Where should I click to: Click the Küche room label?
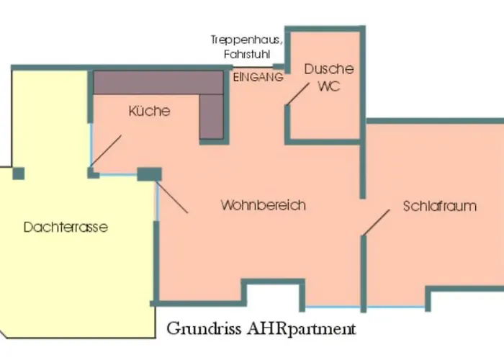149,111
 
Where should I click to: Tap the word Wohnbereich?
263,205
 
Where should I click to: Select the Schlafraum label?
439,206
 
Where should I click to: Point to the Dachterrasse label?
66,228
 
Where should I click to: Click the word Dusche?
329,69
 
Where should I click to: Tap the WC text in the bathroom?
328,86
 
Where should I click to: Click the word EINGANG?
257,78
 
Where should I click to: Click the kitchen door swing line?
106,150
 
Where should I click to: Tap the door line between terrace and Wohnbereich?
172,196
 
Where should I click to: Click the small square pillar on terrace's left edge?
19,173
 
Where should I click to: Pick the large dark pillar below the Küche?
150,174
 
